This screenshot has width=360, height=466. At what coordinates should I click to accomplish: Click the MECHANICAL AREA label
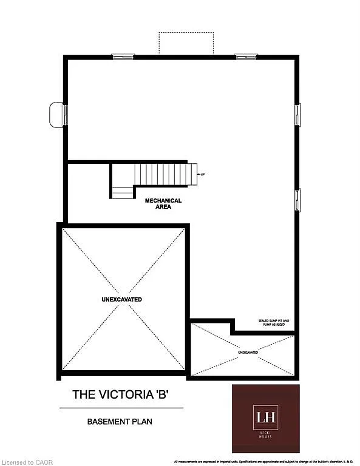point(163,203)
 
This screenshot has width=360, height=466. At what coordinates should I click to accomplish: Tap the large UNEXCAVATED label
point(122,300)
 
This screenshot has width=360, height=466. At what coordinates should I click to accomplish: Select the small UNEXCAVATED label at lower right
point(248,352)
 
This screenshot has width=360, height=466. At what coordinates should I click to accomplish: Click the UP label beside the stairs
point(202,174)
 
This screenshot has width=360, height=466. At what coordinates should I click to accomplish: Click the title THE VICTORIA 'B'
point(120,394)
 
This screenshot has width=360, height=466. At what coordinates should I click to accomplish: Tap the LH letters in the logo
point(266,417)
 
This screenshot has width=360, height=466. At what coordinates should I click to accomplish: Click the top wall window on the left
point(122,56)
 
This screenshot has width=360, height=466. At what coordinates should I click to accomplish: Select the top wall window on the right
point(246,56)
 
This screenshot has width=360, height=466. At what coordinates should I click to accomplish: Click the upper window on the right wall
point(297,114)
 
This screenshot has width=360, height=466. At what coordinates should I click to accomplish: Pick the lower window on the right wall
point(297,200)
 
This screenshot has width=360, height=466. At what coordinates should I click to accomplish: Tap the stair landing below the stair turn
point(122,192)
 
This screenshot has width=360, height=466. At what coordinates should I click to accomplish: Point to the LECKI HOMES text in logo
point(266,434)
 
